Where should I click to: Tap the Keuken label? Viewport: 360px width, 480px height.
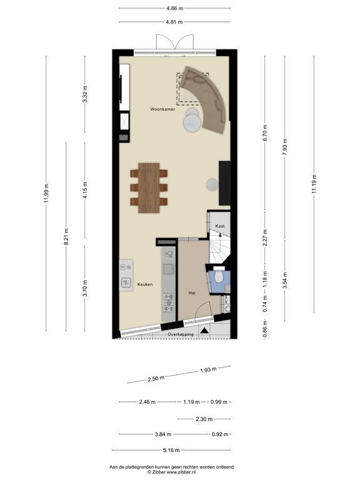coord(145,284)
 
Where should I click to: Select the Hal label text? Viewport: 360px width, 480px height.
coord(192,292)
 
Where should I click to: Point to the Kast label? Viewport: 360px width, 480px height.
coord(220,226)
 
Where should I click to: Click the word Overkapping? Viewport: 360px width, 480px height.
coord(180,334)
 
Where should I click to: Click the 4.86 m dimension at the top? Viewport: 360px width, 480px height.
coord(174,8)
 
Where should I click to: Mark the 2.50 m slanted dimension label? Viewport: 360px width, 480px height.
coord(156,378)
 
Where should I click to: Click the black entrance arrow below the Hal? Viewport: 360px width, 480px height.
coord(205,330)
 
